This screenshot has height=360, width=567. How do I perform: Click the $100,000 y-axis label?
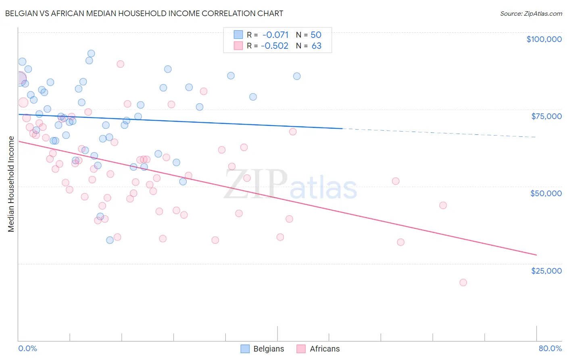[544, 39]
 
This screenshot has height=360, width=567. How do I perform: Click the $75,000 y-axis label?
[546, 116]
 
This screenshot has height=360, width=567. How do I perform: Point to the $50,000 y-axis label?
[546, 193]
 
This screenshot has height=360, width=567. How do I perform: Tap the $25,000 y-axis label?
[546, 270]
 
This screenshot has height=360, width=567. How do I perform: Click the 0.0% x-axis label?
[27, 348]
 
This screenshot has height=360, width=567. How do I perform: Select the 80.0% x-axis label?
[550, 348]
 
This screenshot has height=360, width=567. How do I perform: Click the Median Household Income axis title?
[11, 184]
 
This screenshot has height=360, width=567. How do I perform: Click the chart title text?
[144, 13]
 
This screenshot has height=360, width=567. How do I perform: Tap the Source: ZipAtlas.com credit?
[531, 14]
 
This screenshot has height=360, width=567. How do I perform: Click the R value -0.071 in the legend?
[275, 35]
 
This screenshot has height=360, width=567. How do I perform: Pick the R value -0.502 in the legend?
[275, 46]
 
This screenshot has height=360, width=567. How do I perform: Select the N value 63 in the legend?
[317, 46]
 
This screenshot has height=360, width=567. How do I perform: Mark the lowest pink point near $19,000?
[463, 283]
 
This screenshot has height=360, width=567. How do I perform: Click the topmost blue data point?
[91, 54]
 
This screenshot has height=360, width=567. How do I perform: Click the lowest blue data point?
[110, 240]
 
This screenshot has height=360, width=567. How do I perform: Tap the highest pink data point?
[120, 64]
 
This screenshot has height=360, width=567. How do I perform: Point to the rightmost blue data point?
[297, 76]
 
